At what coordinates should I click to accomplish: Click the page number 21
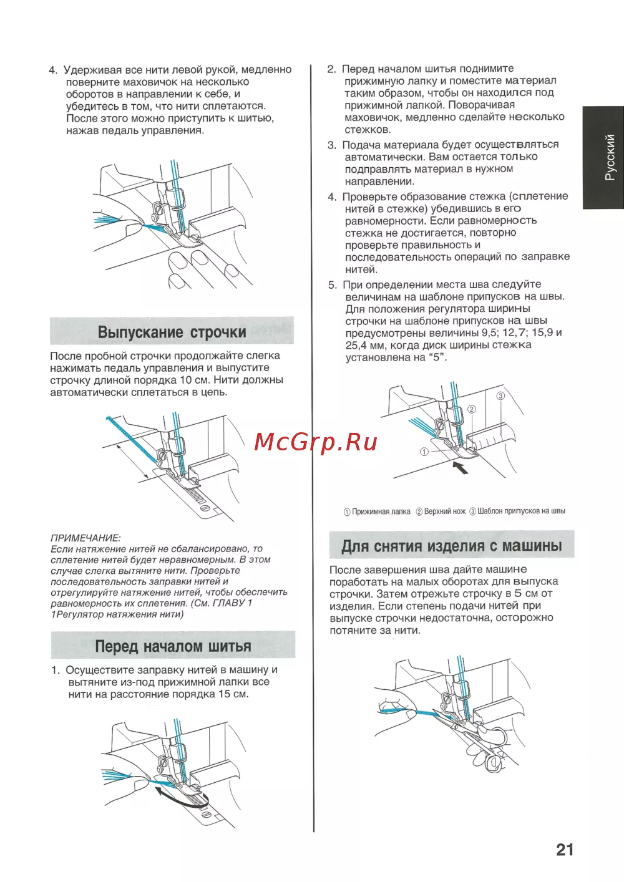[564, 850]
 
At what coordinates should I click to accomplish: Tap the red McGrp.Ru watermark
[316, 442]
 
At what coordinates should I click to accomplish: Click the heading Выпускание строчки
[172, 332]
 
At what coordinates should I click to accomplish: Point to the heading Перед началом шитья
[173, 646]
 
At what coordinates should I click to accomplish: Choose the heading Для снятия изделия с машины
[451, 546]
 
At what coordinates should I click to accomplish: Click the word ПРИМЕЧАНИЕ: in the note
[85, 538]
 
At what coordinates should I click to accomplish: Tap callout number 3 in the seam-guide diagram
[500, 396]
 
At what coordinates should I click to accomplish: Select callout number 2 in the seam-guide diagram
[472, 409]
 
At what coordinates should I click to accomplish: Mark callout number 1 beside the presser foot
[424, 452]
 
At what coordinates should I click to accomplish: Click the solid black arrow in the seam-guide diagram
[460, 467]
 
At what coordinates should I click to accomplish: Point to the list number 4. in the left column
[53, 70]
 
